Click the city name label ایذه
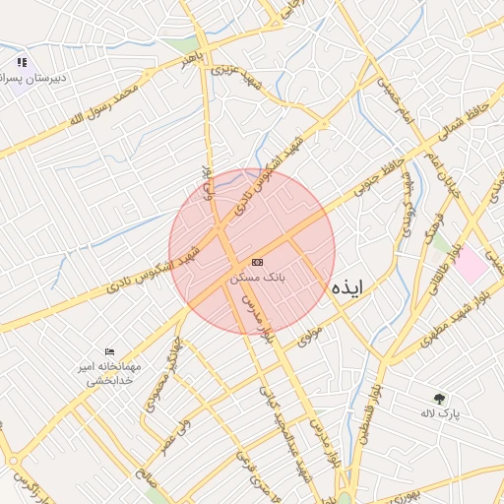pyautogui.click(x=347, y=286)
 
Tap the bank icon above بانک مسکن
pyautogui.click(x=257, y=262)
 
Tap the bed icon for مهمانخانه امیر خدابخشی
pyautogui.click(x=109, y=351)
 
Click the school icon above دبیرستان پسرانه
pyautogui.click(x=22, y=63)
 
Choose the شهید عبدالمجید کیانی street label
pyautogui.click(x=281, y=423)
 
